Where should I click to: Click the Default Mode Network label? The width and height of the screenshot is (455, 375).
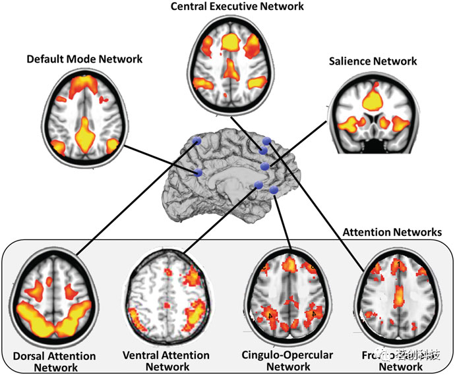[x=84, y=59]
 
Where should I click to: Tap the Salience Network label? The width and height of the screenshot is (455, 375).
[x=373, y=61]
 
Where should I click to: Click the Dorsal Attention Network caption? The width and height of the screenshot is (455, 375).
[x=55, y=361]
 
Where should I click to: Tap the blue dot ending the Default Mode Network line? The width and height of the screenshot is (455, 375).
[x=197, y=173]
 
